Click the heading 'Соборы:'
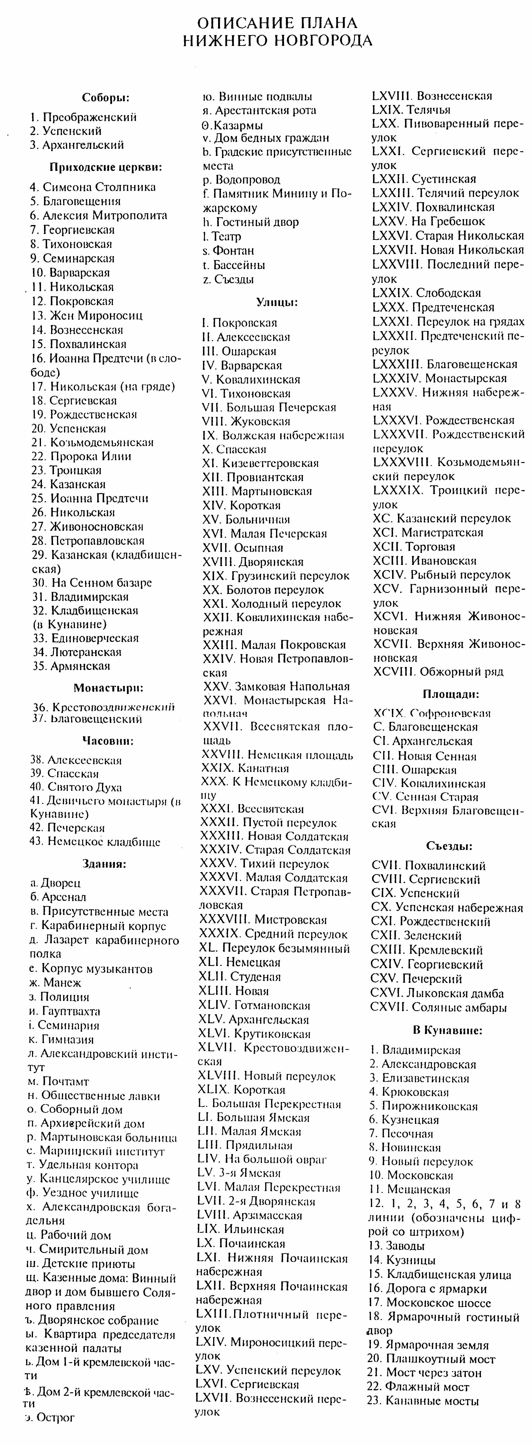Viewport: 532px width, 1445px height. point(106,98)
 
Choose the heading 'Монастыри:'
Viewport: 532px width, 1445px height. point(108,688)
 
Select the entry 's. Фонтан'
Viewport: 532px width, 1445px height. point(228,250)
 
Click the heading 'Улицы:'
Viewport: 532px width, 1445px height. point(277,302)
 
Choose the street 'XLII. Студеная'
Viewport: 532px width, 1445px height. point(240,976)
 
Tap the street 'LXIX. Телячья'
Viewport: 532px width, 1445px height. point(411,109)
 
